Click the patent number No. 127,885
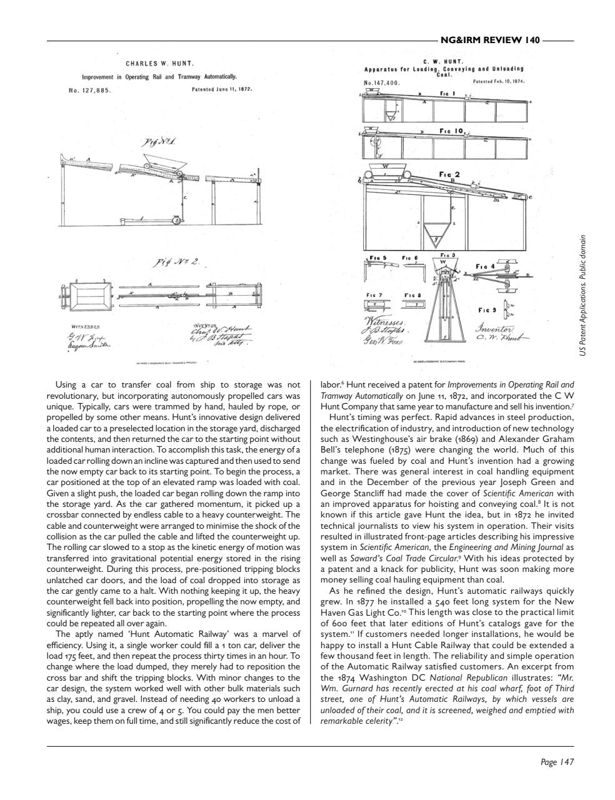point(89,90)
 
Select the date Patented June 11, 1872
point(222,89)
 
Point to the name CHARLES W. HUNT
point(159,63)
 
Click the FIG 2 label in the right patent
point(449,174)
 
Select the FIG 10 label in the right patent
point(451,131)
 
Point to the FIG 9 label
point(487,309)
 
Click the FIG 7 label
point(374,294)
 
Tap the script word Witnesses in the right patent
point(384,321)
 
